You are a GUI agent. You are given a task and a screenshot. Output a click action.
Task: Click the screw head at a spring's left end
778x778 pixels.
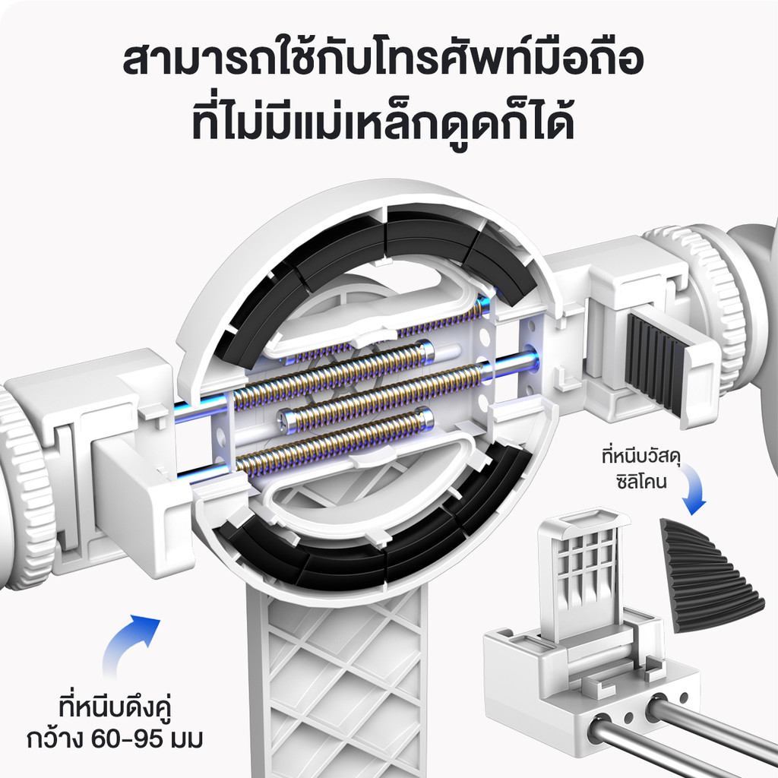click(x=288, y=417)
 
